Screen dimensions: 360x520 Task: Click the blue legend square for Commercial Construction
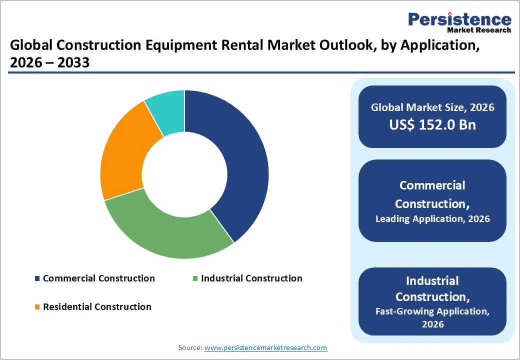click(x=37, y=278)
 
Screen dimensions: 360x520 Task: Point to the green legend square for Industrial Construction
click(x=195, y=278)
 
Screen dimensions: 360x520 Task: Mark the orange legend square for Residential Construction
click(x=37, y=307)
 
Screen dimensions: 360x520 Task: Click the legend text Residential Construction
click(x=97, y=307)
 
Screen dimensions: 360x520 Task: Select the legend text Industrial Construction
click(x=251, y=278)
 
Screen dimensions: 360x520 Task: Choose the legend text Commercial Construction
click(x=99, y=278)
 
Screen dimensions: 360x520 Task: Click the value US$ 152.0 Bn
click(x=432, y=125)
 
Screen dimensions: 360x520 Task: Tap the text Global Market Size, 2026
click(x=432, y=107)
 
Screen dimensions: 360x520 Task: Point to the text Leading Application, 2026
click(x=432, y=218)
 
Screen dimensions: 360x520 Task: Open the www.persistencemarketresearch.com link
click(x=265, y=347)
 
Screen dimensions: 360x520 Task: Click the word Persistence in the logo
click(x=459, y=19)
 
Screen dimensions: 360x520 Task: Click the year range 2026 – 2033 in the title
click(x=50, y=62)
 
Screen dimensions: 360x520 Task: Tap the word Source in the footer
click(x=190, y=347)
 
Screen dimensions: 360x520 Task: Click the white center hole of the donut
click(x=184, y=174)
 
